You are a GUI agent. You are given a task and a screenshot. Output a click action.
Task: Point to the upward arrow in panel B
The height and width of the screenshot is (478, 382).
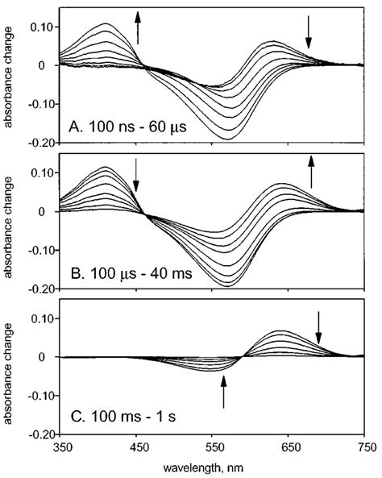coord(312,172)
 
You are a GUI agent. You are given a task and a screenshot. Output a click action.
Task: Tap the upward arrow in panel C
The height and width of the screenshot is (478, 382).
coord(224,395)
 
